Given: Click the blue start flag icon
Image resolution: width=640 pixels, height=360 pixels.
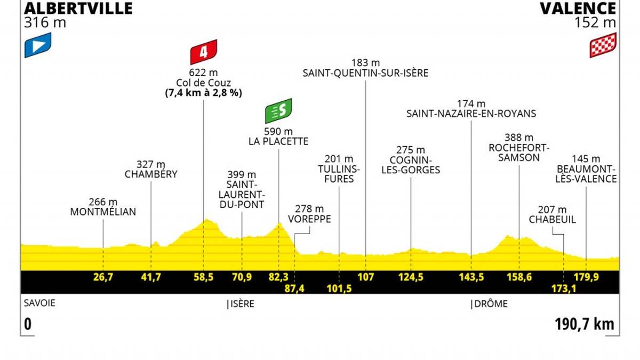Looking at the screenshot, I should pyautogui.click(x=37, y=45).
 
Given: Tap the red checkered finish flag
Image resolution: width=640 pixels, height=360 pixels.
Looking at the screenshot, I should pyautogui.click(x=603, y=45).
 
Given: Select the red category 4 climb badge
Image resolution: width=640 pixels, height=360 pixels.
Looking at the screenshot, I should pyautogui.click(x=204, y=52).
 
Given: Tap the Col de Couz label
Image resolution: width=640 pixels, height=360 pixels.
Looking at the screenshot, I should pyautogui.click(x=204, y=83).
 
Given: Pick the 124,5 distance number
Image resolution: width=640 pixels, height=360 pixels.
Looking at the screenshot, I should pyautogui.click(x=411, y=276).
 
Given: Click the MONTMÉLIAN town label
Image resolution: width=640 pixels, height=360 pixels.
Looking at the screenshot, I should pyautogui.click(x=103, y=212).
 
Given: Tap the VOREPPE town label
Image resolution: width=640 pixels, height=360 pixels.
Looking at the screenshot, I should pyautogui.click(x=309, y=219).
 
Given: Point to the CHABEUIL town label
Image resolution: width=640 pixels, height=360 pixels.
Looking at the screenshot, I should pyautogui.click(x=553, y=219).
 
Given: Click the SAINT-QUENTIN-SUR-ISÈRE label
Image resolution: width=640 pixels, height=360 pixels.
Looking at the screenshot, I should pyautogui.click(x=365, y=73).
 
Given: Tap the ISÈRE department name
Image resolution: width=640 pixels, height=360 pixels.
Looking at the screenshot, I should pyautogui.click(x=242, y=304).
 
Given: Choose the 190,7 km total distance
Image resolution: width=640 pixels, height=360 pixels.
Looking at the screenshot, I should pyautogui.click(x=583, y=324).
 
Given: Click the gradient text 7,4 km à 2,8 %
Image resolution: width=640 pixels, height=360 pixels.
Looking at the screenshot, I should pyautogui.click(x=204, y=92).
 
